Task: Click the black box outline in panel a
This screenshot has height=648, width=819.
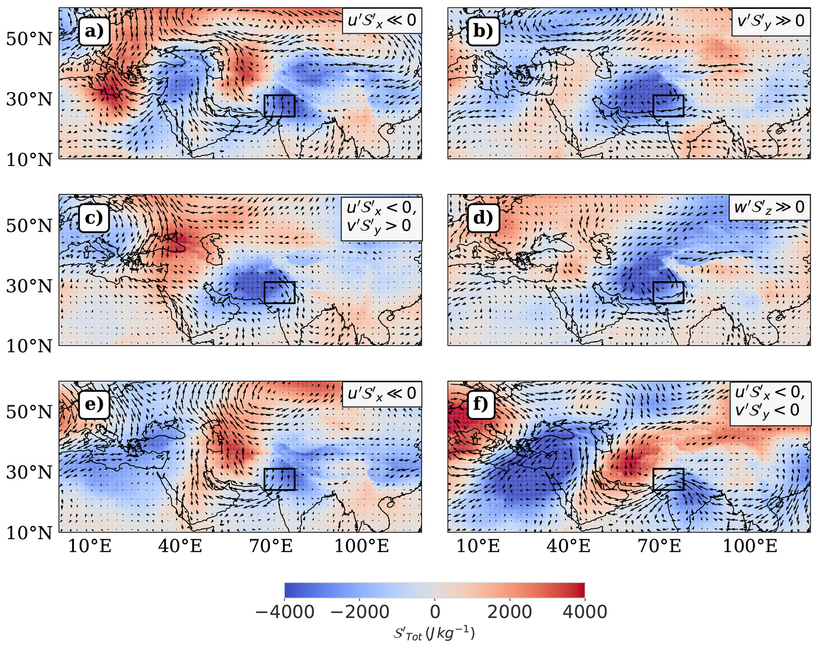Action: (279, 96)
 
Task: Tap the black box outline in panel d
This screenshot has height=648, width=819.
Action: (668, 282)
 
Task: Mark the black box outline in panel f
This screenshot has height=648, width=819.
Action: (668, 469)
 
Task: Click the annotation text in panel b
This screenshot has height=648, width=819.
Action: (770, 21)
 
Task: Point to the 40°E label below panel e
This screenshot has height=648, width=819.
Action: (180, 547)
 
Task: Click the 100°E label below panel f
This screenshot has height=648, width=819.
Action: (750, 547)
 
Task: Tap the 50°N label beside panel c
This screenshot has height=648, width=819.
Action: (29, 226)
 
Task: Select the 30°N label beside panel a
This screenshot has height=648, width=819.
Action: (29, 99)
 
